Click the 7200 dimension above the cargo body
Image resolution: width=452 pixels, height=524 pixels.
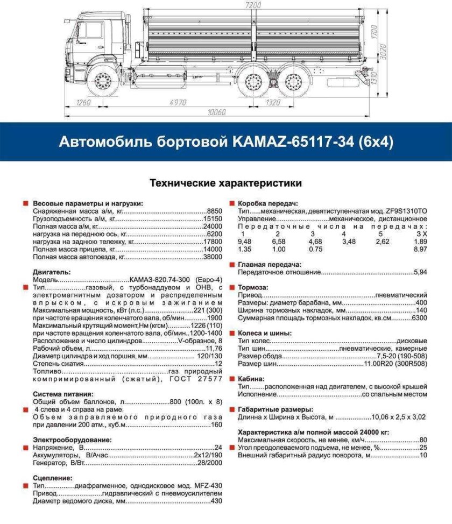click(253, 4)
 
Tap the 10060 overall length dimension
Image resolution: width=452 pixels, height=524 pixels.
click(216, 112)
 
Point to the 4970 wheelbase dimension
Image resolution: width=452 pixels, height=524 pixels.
click(178, 102)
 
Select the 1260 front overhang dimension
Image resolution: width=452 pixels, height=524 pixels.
click(84, 102)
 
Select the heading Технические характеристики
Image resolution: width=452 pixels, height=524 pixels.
click(225, 183)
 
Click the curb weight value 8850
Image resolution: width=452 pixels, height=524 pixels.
click(214, 212)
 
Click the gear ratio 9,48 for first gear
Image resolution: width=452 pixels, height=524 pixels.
click(244, 242)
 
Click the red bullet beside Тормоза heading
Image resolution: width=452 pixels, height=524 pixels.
click(232, 287)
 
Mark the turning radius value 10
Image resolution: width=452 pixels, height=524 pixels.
click(423, 455)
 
